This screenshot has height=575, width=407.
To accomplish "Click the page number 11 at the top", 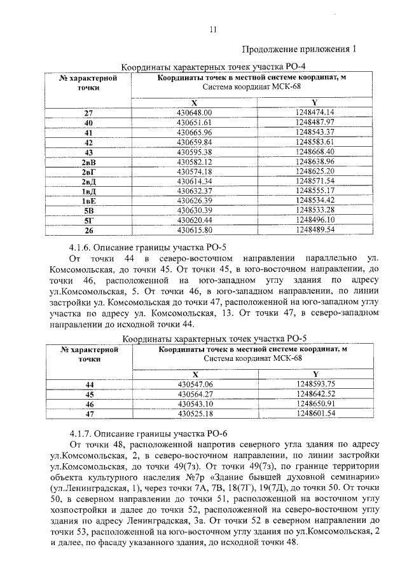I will coord(212,29).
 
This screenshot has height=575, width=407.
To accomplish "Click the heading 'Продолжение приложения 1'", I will coord(298,49).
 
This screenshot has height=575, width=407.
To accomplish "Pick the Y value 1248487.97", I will coord(315,122).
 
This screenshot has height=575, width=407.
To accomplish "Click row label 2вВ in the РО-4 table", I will coord(88,162).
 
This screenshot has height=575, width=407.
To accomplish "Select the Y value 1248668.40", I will coord(315,152).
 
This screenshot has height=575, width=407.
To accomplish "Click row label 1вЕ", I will coord(88,201).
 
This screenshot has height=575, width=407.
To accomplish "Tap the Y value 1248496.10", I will coord(315,220).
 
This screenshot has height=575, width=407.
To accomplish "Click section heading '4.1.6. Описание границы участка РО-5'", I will coord(144,248).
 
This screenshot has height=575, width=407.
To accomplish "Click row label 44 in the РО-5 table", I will coord(89,384).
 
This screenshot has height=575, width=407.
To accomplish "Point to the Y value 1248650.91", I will coord(315,403).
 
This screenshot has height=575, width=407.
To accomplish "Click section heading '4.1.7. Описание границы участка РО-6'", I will coord(144,432).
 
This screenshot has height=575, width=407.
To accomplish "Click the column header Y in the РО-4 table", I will coord(315,102).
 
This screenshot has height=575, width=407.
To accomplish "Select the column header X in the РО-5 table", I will coord(195,374).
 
